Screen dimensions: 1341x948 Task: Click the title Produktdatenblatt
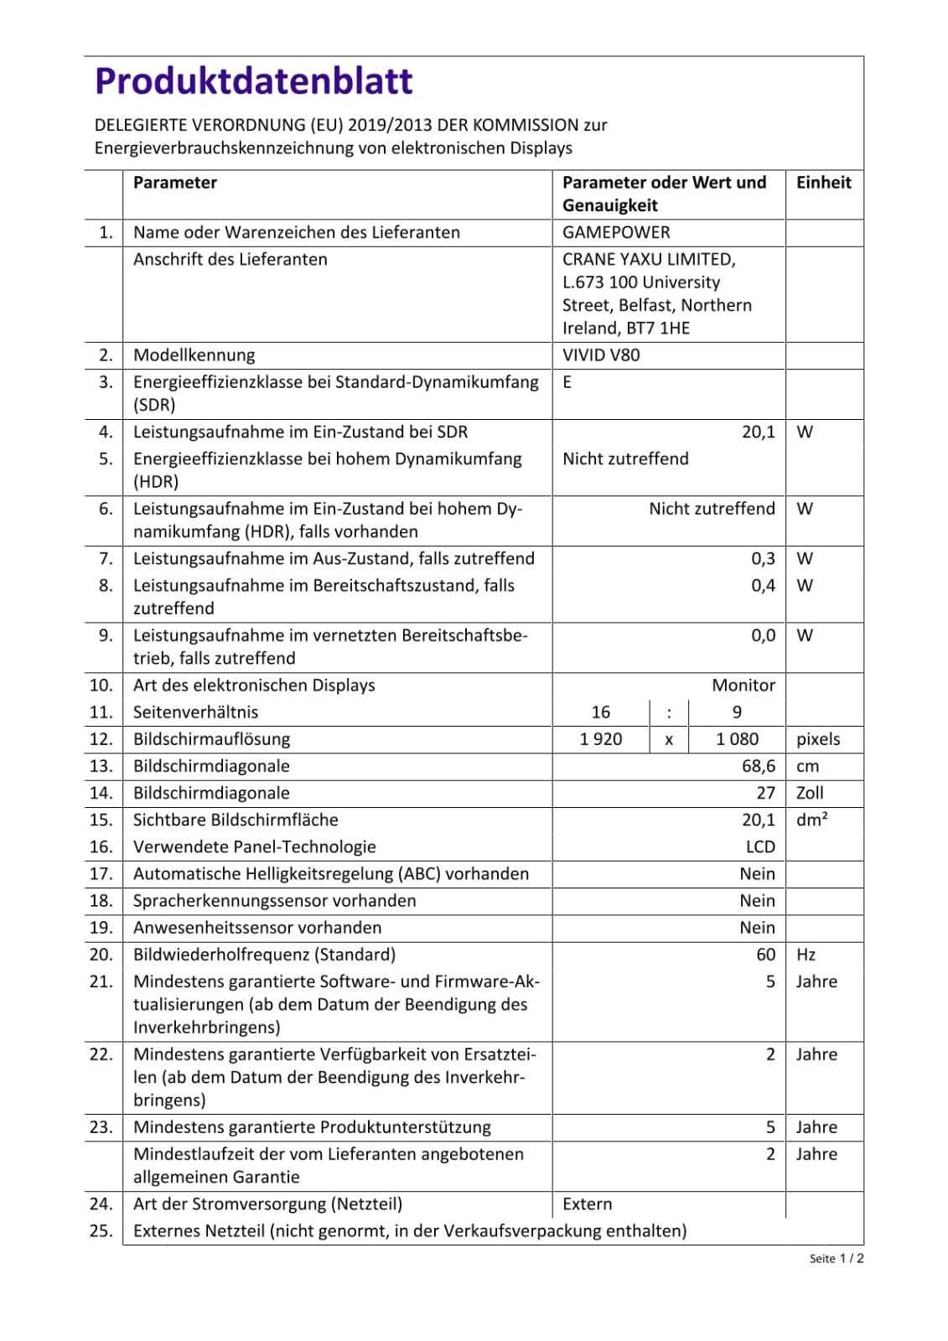pyautogui.click(x=253, y=81)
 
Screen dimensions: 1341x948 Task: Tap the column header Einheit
pyautogui.click(x=823, y=183)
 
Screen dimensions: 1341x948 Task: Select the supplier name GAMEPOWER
pyautogui.click(x=616, y=232)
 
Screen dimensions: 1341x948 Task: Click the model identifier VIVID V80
pyautogui.click(x=601, y=355)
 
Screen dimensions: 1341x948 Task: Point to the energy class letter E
pyautogui.click(x=567, y=382)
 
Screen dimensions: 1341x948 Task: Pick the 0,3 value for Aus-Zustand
pyautogui.click(x=763, y=558)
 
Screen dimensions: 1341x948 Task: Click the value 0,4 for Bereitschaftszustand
pyautogui.click(x=763, y=585)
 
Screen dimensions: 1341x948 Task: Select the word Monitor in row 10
pyautogui.click(x=743, y=685)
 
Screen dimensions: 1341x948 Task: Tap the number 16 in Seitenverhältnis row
pyautogui.click(x=601, y=712)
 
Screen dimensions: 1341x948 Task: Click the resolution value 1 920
pyautogui.click(x=601, y=738)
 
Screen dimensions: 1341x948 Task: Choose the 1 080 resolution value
pyautogui.click(x=737, y=738)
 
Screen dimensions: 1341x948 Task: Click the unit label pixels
pyautogui.click(x=818, y=738)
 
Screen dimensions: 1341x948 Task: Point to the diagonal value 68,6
pyautogui.click(x=758, y=765)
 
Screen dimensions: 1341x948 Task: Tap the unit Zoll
pyautogui.click(x=810, y=792)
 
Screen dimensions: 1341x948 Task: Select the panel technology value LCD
pyautogui.click(x=760, y=847)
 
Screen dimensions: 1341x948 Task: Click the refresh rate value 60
pyautogui.click(x=765, y=954)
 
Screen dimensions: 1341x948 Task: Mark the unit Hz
pyautogui.click(x=806, y=954)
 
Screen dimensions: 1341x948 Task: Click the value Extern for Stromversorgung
pyautogui.click(x=588, y=1204)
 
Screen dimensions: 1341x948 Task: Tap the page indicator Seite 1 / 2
pyautogui.click(x=837, y=1258)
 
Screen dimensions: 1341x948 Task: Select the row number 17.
pyautogui.click(x=101, y=873)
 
